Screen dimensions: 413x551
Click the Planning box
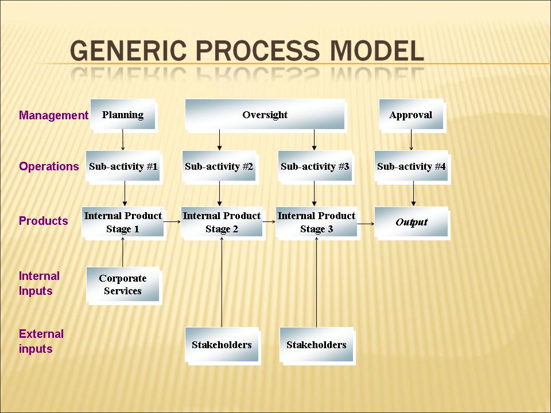point(123,115)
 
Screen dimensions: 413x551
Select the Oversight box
point(265,115)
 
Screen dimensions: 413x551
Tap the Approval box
point(411,115)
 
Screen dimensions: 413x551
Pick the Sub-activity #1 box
point(123,167)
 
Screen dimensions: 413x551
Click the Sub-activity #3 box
point(315,167)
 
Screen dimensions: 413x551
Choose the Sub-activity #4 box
point(412,167)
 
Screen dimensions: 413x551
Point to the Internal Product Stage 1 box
point(123,223)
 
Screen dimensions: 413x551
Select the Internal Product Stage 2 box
point(222,223)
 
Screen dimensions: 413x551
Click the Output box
point(412,223)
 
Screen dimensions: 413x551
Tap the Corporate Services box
point(123,285)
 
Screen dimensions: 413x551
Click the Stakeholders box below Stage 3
point(317,345)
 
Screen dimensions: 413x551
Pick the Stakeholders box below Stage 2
point(222,345)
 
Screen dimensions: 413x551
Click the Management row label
point(53,115)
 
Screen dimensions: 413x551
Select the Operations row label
point(49,167)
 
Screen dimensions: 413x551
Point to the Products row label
point(43,221)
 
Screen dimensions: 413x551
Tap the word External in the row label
point(41,334)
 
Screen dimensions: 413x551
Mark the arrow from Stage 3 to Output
point(366,225)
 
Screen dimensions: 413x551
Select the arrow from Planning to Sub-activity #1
point(123,140)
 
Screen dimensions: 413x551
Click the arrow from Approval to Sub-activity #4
point(411,140)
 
